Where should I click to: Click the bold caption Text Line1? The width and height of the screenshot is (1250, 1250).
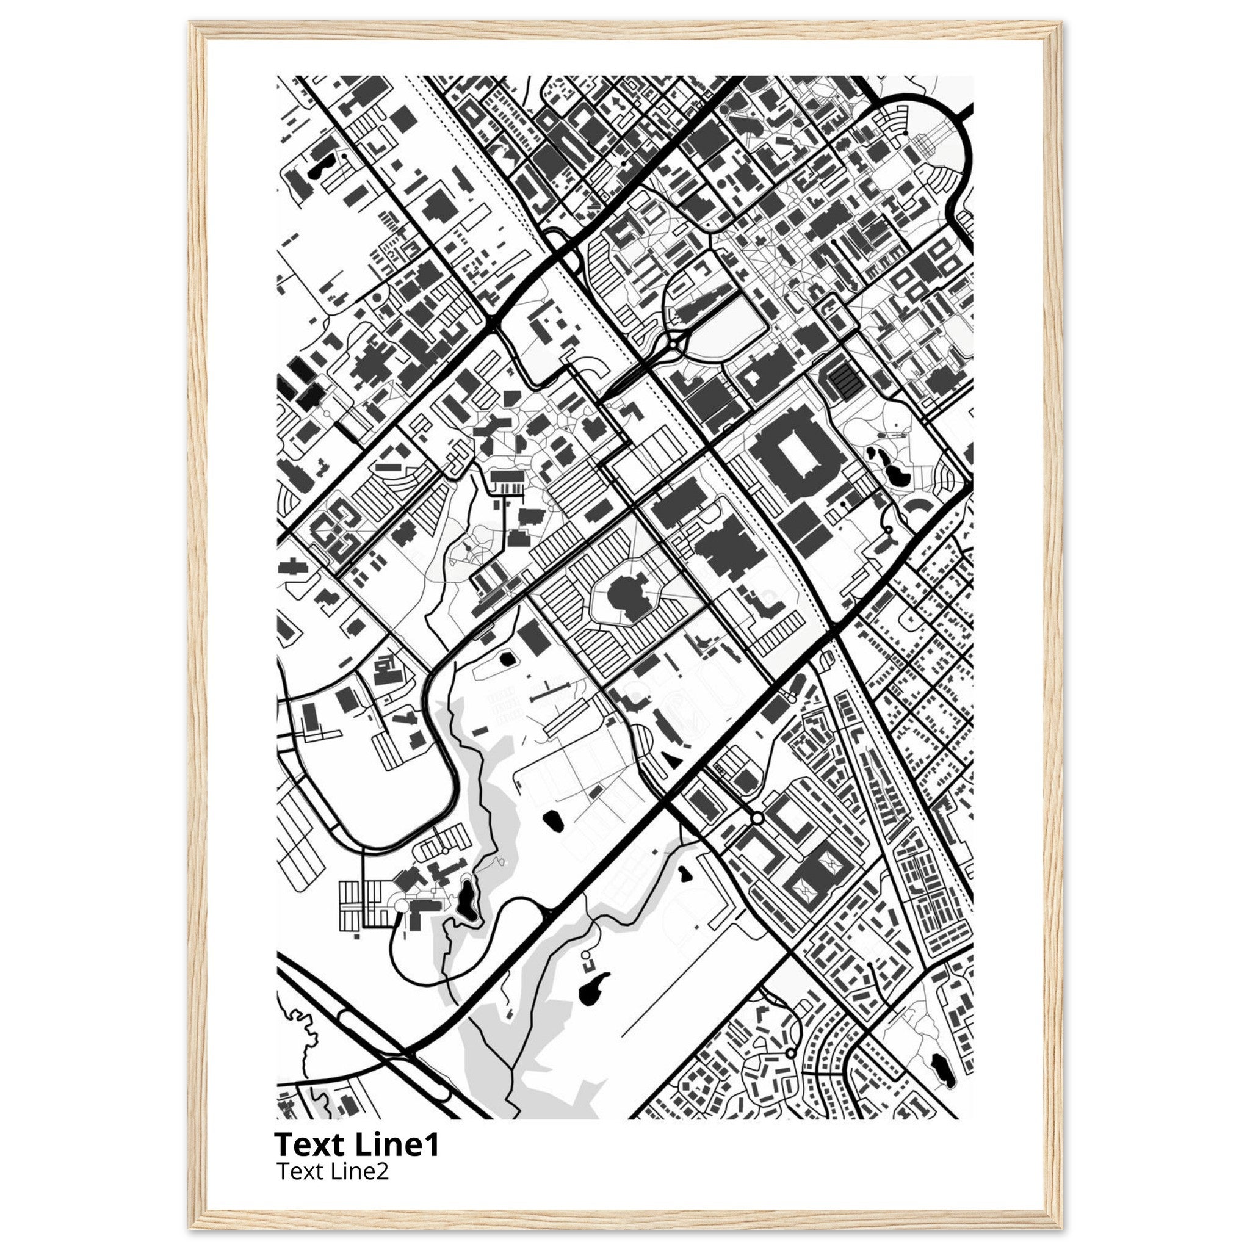point(356,1144)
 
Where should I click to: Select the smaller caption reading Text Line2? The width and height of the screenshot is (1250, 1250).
point(333,1171)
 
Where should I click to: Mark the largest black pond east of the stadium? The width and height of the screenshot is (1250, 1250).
point(898,478)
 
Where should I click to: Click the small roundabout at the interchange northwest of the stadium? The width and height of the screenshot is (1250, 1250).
point(674,345)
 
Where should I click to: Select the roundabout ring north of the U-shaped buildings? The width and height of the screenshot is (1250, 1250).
point(757,819)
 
